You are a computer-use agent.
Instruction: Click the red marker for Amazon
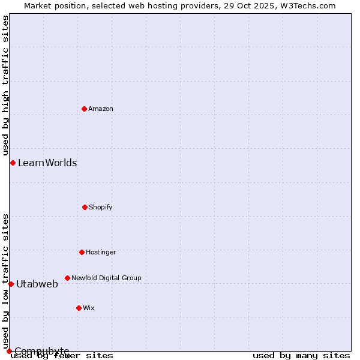coord(84,109)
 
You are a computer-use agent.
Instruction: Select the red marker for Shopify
coord(85,207)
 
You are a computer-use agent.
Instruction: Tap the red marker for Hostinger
coord(82,252)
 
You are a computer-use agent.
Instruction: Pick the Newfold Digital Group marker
coord(67,278)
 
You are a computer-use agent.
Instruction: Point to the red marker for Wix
coord(79,308)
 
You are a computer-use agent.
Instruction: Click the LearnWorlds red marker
coord(13,163)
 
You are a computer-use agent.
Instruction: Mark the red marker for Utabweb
coord(11,284)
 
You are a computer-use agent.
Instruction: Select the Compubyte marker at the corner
coord(9,351)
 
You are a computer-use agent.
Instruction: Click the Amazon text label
coord(101,109)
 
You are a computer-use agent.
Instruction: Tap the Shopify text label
coord(101,208)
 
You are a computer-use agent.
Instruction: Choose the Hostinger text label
coord(101,253)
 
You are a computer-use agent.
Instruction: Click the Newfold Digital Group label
coord(106,278)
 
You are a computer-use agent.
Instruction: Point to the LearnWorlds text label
coord(47,163)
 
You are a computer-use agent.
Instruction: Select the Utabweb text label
coord(37,284)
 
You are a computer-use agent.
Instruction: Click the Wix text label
coord(89,308)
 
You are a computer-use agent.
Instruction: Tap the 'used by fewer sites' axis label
coord(62,356)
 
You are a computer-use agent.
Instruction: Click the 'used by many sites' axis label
coord(301,356)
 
